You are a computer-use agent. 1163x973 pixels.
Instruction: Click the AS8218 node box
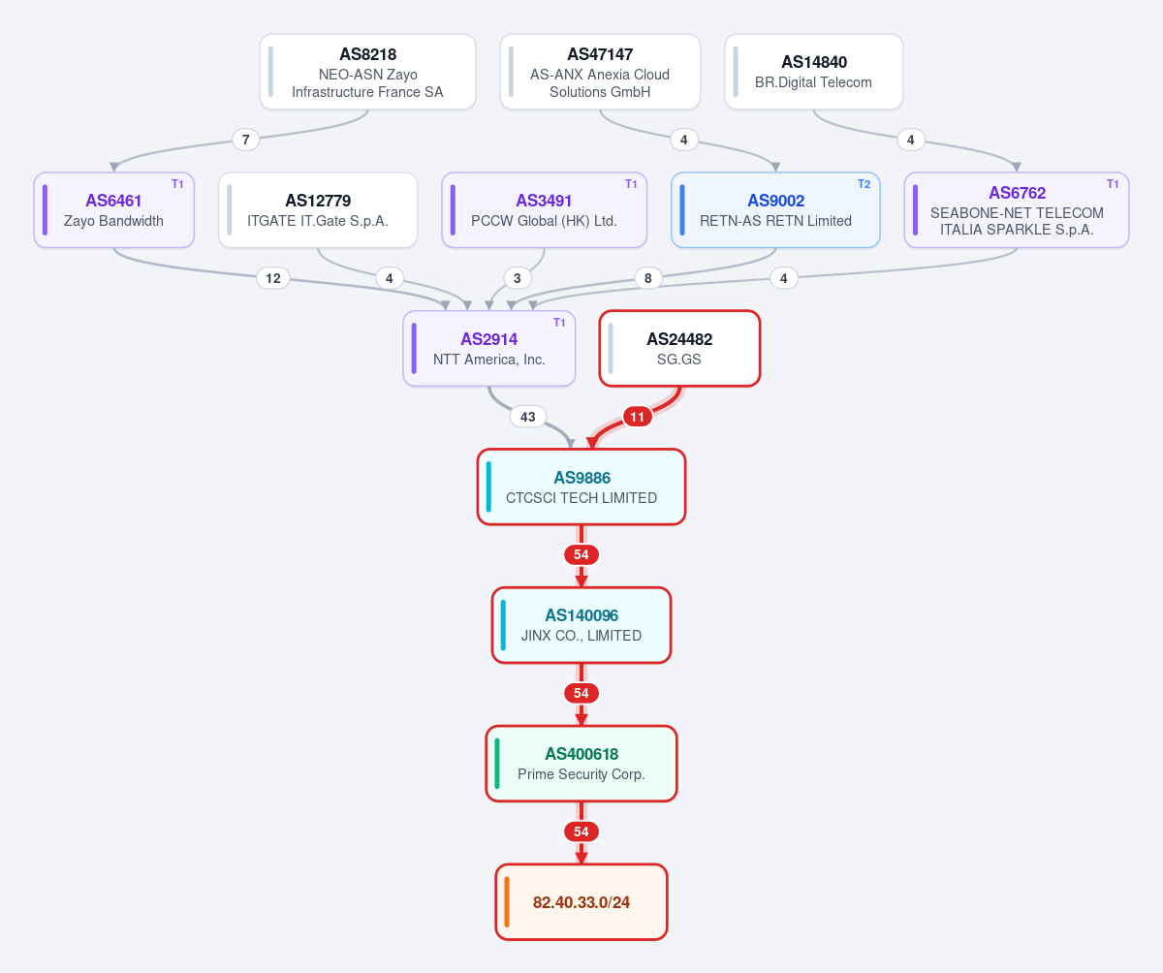[x=367, y=72]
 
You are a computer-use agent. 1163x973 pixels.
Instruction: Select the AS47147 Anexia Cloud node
[x=600, y=72]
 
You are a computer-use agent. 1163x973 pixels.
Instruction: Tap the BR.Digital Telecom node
[x=814, y=72]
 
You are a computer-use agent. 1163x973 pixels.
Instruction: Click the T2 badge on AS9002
[x=864, y=184]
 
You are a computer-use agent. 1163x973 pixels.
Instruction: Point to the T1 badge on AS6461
[x=177, y=184]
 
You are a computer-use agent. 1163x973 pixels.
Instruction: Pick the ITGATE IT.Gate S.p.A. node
[x=318, y=210]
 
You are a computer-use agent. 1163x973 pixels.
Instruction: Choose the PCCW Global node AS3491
[x=544, y=210]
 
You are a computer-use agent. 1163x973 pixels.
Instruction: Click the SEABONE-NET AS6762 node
[x=1017, y=210]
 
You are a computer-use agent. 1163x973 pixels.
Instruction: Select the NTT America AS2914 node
[x=489, y=348]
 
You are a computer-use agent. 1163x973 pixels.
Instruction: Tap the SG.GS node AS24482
[x=679, y=348]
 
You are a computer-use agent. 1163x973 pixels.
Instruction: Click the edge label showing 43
[x=527, y=417]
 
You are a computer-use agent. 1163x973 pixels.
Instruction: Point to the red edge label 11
[x=637, y=417]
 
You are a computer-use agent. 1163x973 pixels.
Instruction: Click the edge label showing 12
[x=273, y=278]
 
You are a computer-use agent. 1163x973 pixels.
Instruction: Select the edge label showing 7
[x=245, y=140]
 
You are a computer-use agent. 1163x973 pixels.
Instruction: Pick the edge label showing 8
[x=647, y=278]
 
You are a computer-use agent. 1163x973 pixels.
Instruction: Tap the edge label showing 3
[x=517, y=278]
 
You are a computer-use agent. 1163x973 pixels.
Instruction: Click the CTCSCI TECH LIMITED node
[x=581, y=486]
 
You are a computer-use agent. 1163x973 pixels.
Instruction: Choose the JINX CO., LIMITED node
[x=581, y=625]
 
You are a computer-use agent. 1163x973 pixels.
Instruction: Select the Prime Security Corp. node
[x=581, y=764]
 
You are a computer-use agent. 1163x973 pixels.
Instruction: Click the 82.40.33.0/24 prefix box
[x=581, y=902]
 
